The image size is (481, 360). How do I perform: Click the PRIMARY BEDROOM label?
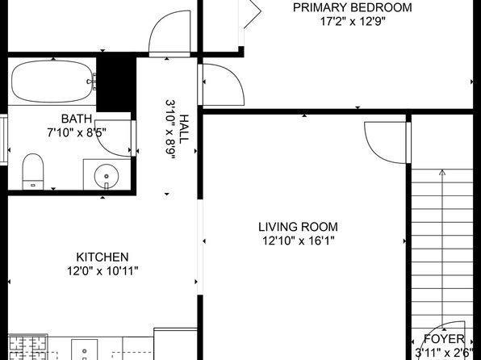click(x=352, y=7)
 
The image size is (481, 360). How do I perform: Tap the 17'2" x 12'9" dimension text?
click(x=353, y=22)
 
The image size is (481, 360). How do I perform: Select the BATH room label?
click(x=77, y=119)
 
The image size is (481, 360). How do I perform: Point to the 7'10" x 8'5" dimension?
click(x=77, y=133)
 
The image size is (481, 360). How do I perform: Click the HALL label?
click(x=184, y=129)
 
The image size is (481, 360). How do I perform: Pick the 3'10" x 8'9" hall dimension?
click(x=170, y=129)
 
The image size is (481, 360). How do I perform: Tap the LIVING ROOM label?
click(x=298, y=227)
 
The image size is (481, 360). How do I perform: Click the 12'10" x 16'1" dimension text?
click(x=298, y=241)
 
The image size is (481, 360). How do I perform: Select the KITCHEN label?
click(x=102, y=257)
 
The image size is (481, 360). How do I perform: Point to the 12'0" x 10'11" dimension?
click(x=102, y=271)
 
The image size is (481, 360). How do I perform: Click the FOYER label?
click(x=444, y=339)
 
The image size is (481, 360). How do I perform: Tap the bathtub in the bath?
click(x=52, y=82)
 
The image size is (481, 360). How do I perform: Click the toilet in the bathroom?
click(x=33, y=172)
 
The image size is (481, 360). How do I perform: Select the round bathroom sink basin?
click(x=107, y=176)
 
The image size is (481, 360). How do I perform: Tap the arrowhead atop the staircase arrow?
click(x=442, y=172)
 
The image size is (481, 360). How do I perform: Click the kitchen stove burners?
click(x=28, y=347)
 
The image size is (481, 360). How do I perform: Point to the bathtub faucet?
click(x=92, y=82)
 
